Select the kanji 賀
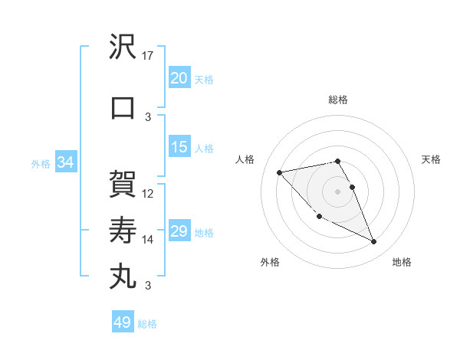click(123, 184)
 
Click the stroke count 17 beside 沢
click(149, 56)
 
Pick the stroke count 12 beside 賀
click(149, 193)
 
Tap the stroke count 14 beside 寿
click(149, 240)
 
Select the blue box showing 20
click(179, 78)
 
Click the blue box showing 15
click(179, 148)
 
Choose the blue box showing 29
click(179, 232)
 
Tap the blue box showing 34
click(65, 163)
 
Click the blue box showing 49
click(123, 322)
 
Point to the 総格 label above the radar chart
click(338, 100)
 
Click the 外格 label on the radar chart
click(270, 262)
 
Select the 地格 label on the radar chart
click(402, 262)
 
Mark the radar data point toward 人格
click(279, 172)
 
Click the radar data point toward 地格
click(374, 242)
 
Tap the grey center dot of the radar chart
click(338, 191)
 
